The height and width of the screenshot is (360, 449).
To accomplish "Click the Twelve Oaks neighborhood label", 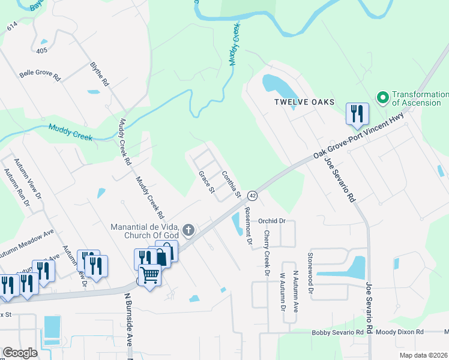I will pyautogui.click(x=304, y=102).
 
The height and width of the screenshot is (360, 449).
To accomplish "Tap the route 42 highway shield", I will pyautogui.click(x=252, y=196).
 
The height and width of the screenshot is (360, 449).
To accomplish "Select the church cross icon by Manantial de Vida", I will pyautogui.click(x=188, y=229).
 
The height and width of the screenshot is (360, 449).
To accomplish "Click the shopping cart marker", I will pyautogui.click(x=150, y=275).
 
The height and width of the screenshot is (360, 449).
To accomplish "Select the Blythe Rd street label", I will pyautogui.click(x=100, y=73).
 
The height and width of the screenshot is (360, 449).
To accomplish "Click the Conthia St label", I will pyautogui.click(x=231, y=185).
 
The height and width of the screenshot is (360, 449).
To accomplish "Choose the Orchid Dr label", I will pyautogui.click(x=271, y=221).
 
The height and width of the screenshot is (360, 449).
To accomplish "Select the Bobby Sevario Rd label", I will pyautogui.click(x=337, y=332).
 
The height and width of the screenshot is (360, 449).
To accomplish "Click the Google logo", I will pyautogui.click(x=20, y=353).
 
